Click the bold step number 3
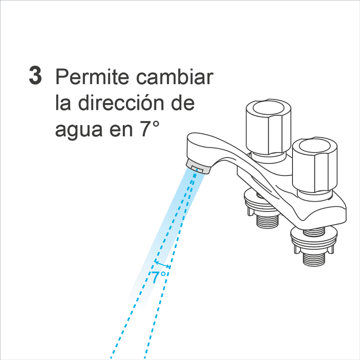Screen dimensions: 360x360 click(x=36, y=75)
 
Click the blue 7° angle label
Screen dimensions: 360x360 click(x=158, y=277)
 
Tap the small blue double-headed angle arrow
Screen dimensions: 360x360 click(x=162, y=264)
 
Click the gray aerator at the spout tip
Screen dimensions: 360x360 click(x=198, y=166)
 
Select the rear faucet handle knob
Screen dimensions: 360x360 click(x=268, y=127)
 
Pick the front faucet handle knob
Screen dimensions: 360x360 click(x=315, y=165)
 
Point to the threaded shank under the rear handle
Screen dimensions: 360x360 click(x=267, y=220)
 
